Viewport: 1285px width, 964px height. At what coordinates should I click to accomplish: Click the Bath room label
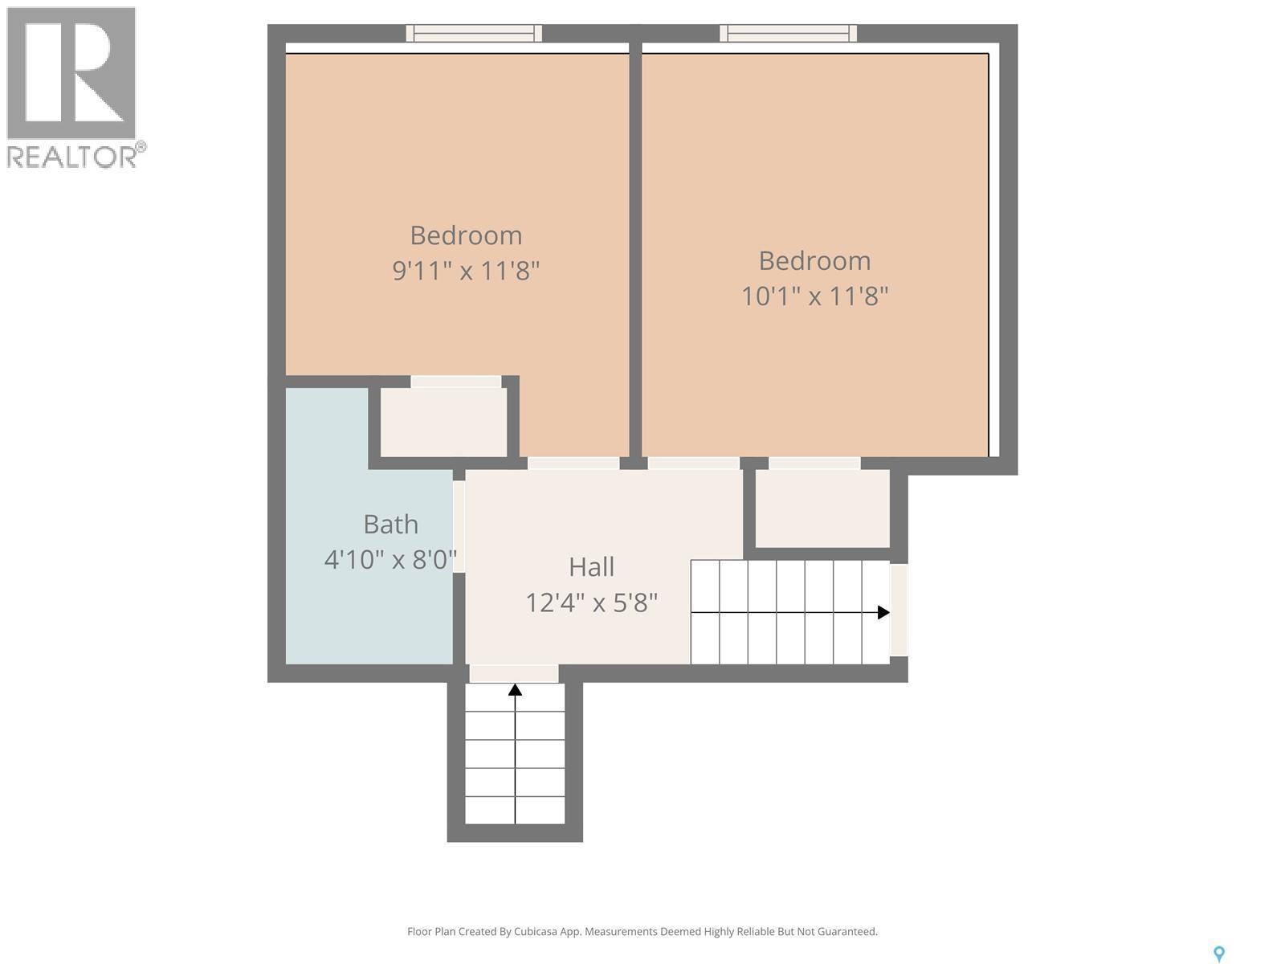point(390,525)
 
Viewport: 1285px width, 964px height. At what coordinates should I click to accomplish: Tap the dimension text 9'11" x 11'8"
point(465,271)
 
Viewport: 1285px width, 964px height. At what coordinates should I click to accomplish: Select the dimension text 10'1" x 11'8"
point(814,296)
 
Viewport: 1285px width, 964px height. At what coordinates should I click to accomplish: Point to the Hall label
point(591,567)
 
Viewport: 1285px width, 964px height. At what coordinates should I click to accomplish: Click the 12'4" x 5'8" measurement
point(591,602)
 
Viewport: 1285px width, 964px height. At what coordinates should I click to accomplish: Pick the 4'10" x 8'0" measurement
point(390,559)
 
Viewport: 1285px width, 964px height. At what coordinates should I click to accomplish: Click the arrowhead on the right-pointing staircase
point(883,612)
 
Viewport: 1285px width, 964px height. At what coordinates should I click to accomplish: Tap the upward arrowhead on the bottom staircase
point(515,689)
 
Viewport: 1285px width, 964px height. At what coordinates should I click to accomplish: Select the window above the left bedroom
point(474,33)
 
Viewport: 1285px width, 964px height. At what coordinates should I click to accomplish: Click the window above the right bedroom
point(788,33)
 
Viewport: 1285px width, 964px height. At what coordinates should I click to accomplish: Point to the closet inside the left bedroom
point(443,422)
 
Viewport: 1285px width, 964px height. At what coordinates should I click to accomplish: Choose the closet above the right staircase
point(822,508)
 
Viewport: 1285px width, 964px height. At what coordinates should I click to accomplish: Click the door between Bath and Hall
point(459,526)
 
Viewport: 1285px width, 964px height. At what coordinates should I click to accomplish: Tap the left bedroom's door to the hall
point(573,464)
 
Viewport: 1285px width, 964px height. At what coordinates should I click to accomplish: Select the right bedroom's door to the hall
point(693,464)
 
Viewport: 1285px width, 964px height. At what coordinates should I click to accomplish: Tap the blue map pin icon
point(1218,954)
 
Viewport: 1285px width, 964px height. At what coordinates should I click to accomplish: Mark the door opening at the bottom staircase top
point(514,673)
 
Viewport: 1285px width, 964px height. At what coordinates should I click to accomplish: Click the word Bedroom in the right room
point(814,261)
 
